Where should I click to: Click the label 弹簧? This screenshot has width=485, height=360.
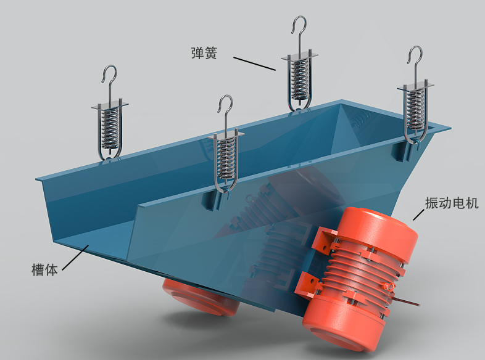pyautogui.click(x=204, y=53)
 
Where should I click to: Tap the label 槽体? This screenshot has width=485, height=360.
pyautogui.click(x=44, y=269)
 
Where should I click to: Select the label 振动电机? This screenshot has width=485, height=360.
pyautogui.click(x=452, y=203)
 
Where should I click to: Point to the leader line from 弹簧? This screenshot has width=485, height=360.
pyautogui.click(x=254, y=63)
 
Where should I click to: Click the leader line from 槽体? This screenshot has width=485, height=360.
pyautogui.click(x=76, y=258)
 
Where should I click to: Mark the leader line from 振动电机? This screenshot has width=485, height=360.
pyautogui.click(x=418, y=215)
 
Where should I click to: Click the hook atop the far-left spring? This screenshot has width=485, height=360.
pyautogui.click(x=109, y=74)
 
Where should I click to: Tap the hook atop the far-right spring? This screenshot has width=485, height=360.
pyautogui.click(x=415, y=55)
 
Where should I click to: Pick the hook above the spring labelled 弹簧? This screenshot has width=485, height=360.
pyautogui.click(x=299, y=25)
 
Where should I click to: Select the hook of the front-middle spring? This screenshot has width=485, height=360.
pyautogui.click(x=225, y=104)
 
